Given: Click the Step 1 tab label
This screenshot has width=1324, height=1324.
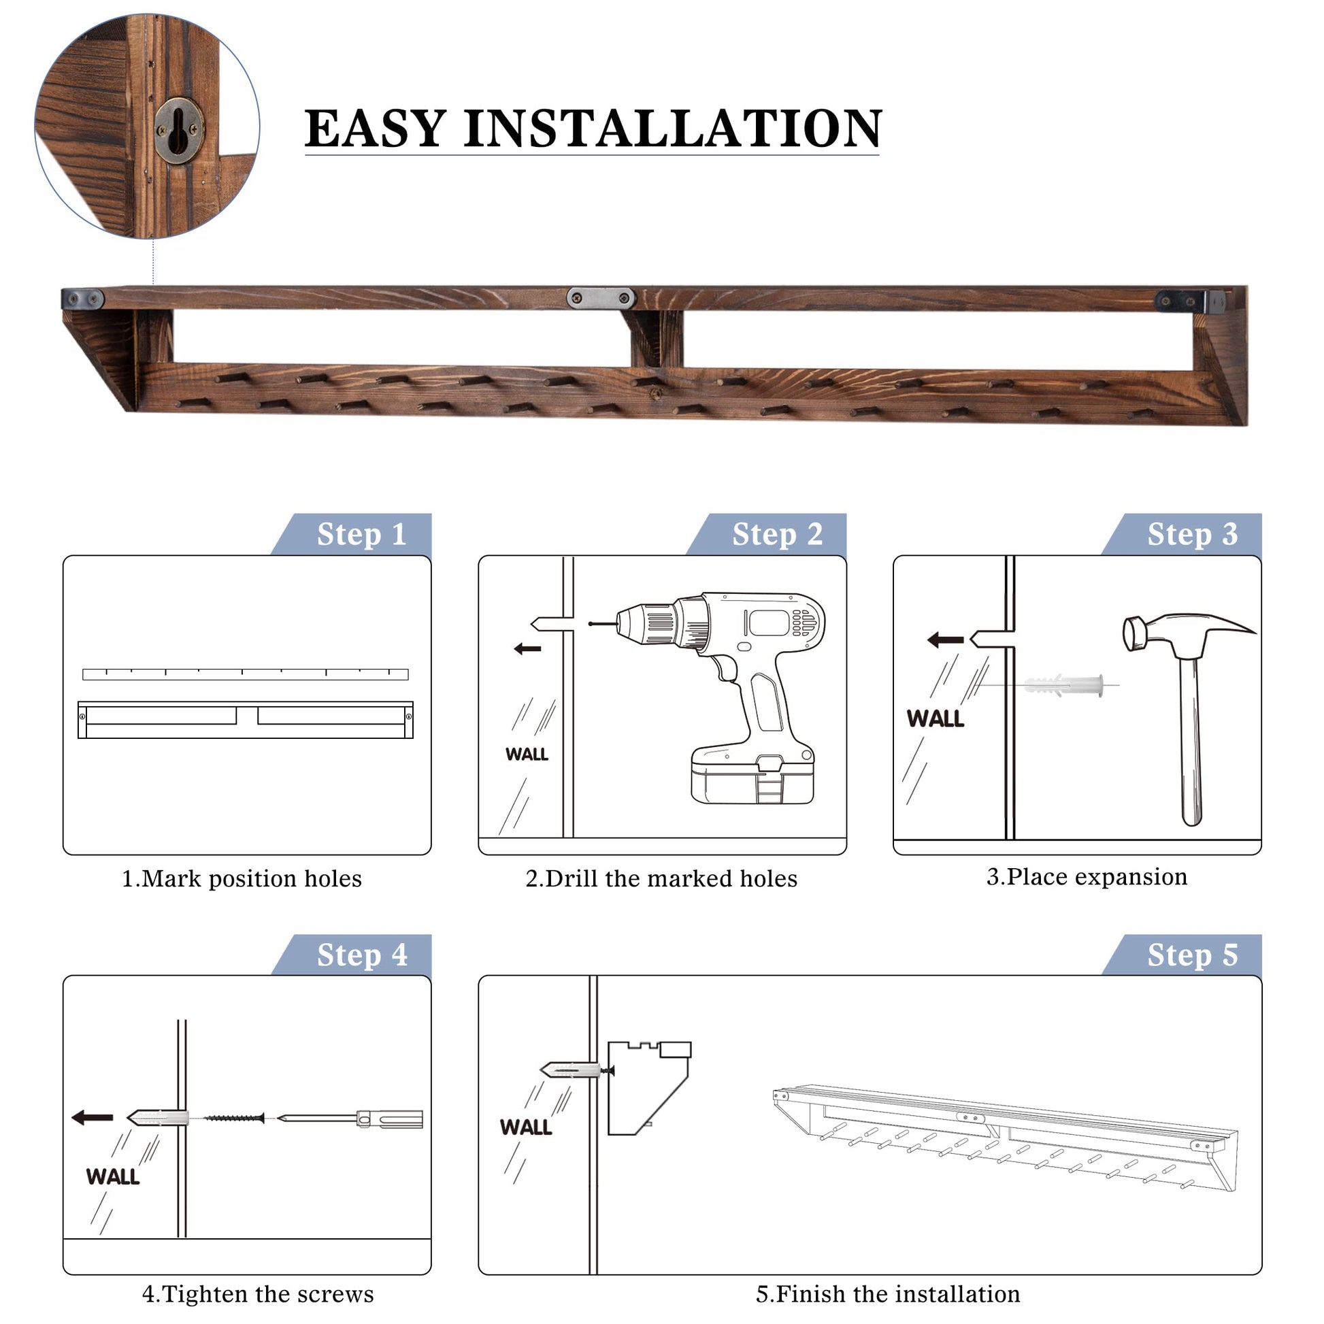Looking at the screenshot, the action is pos(362,535).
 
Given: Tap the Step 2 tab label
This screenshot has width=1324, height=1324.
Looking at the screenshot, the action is pos(777,535).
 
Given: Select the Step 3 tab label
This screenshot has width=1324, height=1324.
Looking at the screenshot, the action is pos(1193,535).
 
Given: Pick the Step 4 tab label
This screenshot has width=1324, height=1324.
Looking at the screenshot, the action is pos(362,955).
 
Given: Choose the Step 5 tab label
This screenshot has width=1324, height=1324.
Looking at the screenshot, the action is pos(1193,955).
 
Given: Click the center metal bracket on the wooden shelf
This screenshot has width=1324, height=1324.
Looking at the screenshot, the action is pos(601,298).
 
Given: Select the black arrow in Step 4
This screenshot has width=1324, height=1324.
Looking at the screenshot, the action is pos(93,1118).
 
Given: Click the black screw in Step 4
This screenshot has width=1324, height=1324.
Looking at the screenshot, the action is pos(233,1119).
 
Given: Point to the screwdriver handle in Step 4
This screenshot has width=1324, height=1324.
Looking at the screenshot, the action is pos(389,1119).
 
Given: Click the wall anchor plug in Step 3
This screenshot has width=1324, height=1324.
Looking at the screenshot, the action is pos(1064,684).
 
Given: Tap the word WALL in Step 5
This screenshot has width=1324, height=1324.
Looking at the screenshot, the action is pos(526,1127).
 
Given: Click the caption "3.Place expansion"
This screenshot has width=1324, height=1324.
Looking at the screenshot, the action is pos(1087,877).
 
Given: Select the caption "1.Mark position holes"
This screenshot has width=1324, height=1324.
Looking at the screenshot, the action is pos(242,878).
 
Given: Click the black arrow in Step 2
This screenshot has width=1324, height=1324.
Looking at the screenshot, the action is pos(528,648).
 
